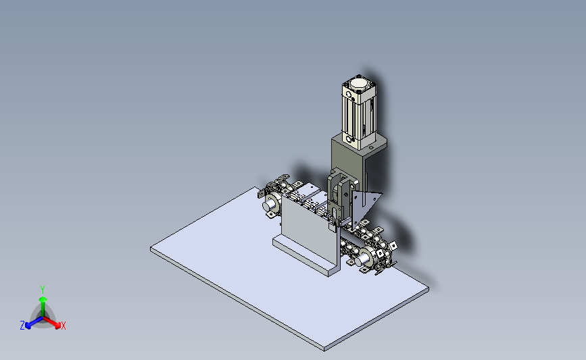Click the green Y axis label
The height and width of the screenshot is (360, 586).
coord(43,290)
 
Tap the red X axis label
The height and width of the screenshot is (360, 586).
coord(63,326)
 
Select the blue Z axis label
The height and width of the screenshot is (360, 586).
coord(22,326)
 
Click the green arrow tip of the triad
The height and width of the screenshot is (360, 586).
coord(43,299)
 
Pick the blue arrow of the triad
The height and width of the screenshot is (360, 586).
coord(34,323)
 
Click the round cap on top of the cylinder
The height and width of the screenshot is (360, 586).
coord(359,83)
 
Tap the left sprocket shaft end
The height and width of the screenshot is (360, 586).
coord(270,205)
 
